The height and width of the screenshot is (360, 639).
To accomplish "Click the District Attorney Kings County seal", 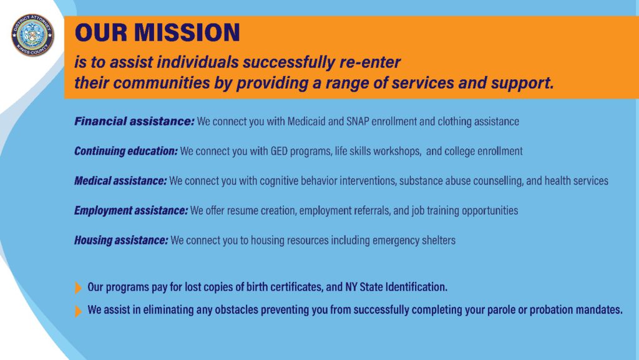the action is point(32,35).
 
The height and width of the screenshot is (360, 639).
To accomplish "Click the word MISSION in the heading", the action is point(187,32).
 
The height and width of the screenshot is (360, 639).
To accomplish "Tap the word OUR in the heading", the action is point(101,32).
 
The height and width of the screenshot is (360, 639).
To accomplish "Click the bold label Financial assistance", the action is point(134,122).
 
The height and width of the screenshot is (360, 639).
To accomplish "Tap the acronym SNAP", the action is point(358,122).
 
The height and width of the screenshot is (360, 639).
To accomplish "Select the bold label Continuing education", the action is point(126,152).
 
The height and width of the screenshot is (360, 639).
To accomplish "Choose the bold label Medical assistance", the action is point(120,181).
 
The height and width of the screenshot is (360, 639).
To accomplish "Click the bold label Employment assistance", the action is point(131,210).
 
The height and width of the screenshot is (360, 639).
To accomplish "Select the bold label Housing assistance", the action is point(121,240).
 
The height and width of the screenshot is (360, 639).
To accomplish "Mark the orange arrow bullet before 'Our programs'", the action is point(78,288).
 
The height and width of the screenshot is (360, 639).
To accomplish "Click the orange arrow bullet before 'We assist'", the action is point(78,311).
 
